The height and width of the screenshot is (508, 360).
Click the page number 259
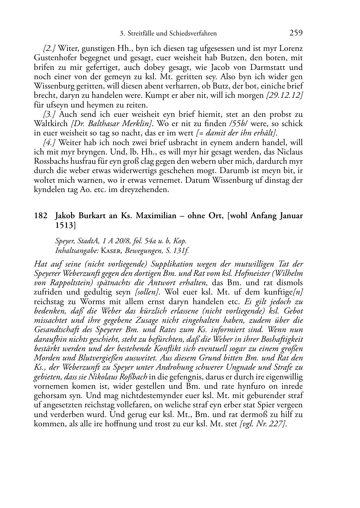pos(296,33)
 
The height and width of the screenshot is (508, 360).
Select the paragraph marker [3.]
pos(49,114)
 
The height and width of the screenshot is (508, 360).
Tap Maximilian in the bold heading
pos(156,216)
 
